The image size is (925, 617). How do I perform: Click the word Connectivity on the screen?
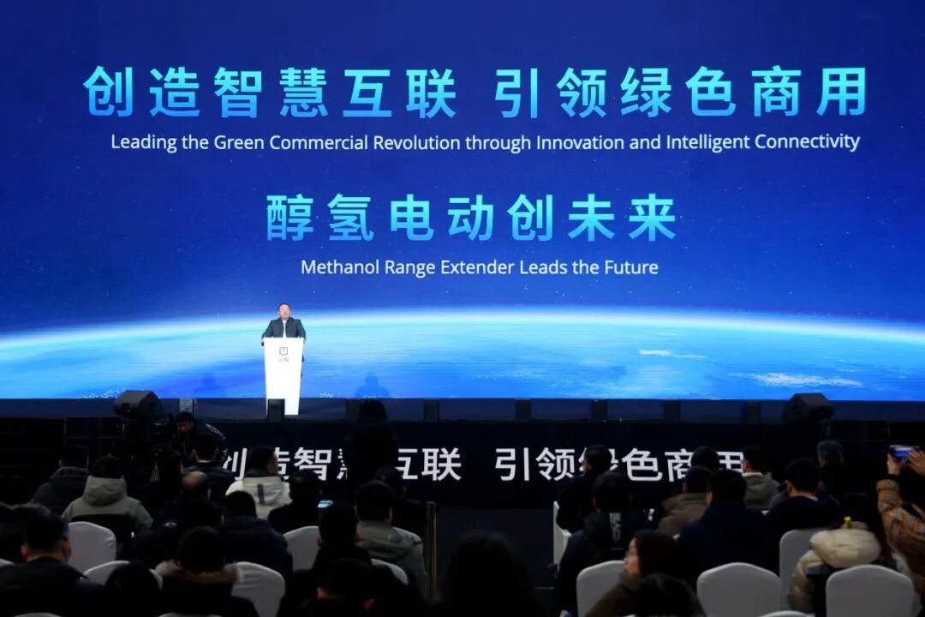click(x=806, y=141)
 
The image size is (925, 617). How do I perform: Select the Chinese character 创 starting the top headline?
click(x=108, y=92)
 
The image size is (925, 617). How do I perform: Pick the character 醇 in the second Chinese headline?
click(x=289, y=218)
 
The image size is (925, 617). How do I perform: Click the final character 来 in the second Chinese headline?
click(x=652, y=218)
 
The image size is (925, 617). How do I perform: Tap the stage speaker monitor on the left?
click(x=138, y=404)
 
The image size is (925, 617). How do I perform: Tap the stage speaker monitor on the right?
click(x=807, y=406)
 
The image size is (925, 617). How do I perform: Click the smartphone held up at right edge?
click(x=900, y=452)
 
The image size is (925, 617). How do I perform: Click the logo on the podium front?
click(x=283, y=351)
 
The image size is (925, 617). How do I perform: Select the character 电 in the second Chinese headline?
click(x=410, y=218)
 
